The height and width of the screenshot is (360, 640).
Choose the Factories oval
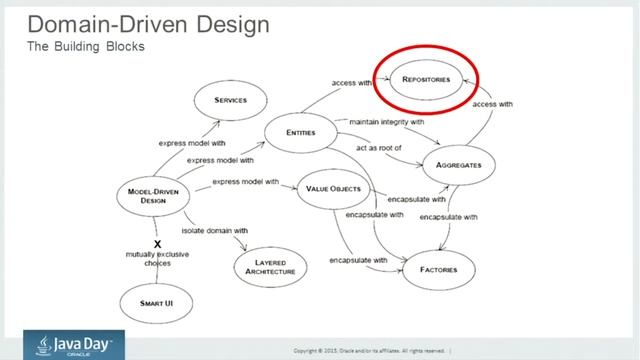439,270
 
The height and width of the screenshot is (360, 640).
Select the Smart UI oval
156,302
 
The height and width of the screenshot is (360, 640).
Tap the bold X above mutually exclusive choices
157,243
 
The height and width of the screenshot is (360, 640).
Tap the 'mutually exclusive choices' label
156,260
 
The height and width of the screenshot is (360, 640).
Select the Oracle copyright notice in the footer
371,350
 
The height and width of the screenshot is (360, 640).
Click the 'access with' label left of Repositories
350,82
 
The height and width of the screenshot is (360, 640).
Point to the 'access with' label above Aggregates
492,104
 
